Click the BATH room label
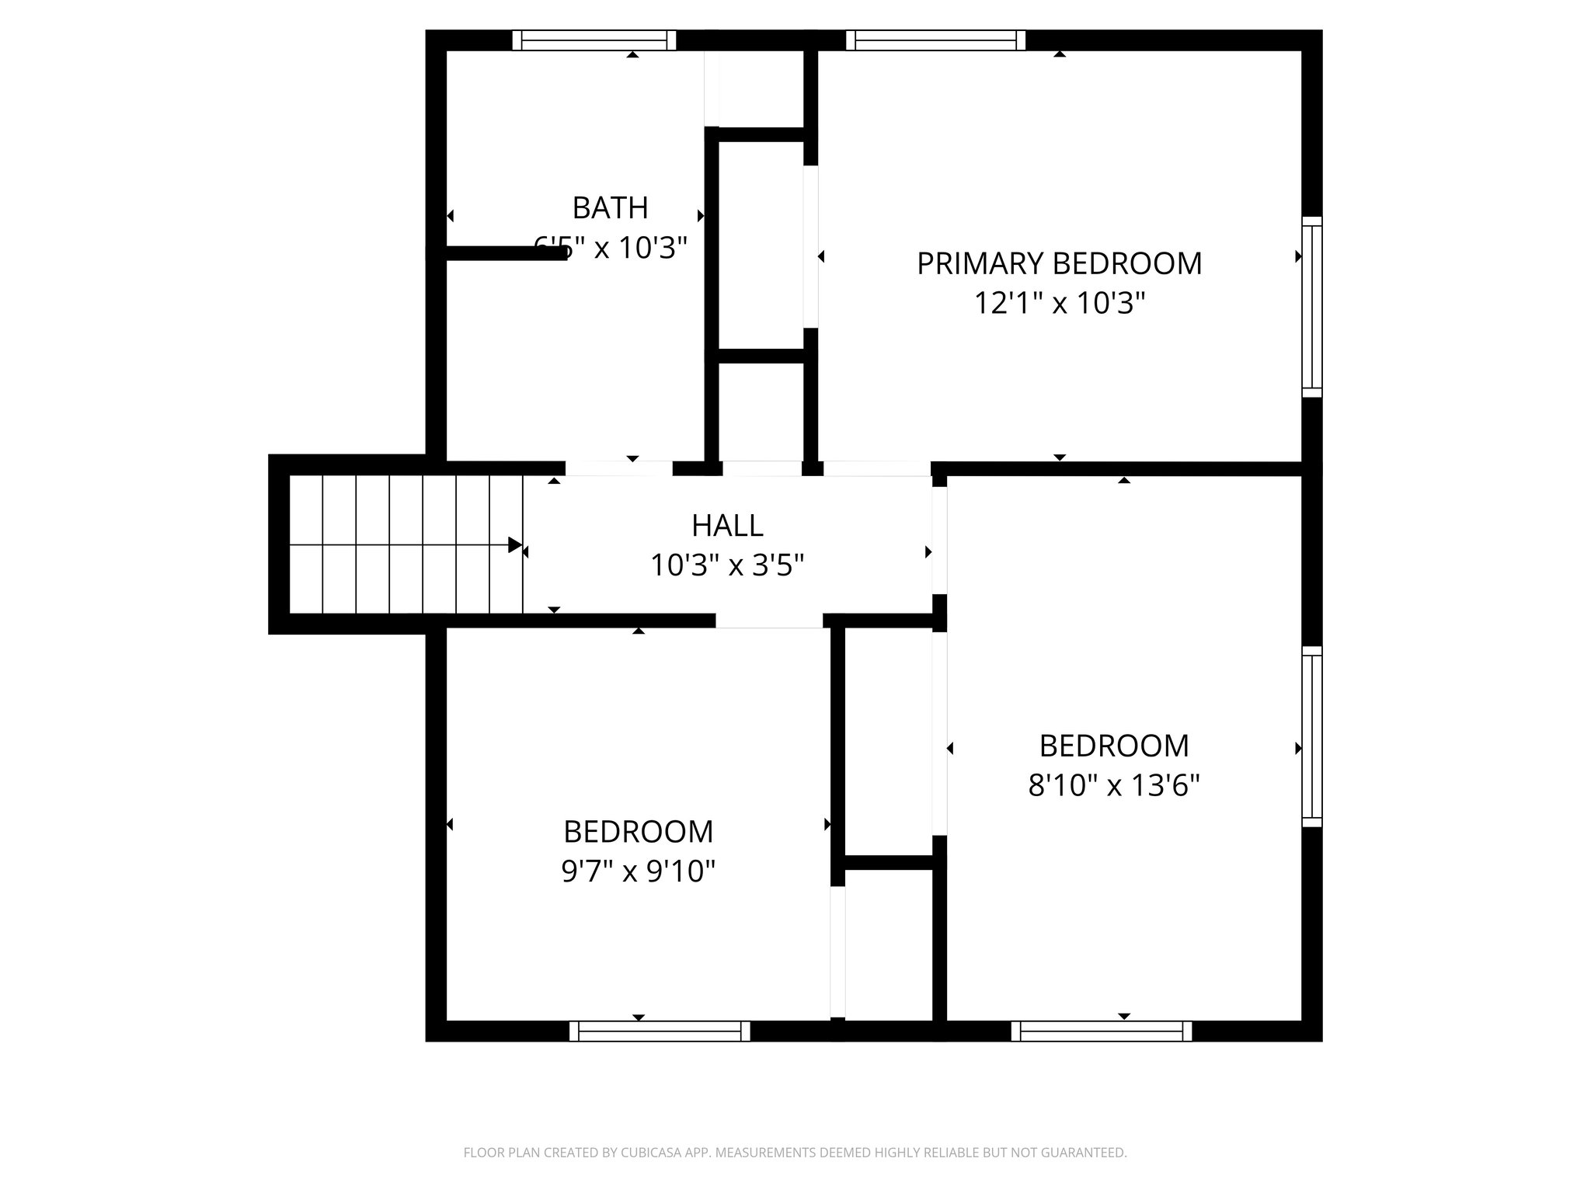coord(610,208)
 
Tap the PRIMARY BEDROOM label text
coord(1059,264)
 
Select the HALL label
coord(727,526)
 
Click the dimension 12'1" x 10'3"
coord(1060,304)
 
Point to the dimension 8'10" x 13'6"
coord(1114,786)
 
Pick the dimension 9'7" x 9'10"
coord(638,872)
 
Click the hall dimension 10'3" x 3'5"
coord(726,565)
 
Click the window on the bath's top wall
coord(594,40)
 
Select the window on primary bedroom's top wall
coord(935,40)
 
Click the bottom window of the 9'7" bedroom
coord(660,1031)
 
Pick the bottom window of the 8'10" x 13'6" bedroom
coord(1102,1031)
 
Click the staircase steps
coord(404,545)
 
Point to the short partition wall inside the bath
coord(505,253)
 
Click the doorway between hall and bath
coord(618,468)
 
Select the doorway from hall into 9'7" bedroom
coord(769,621)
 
